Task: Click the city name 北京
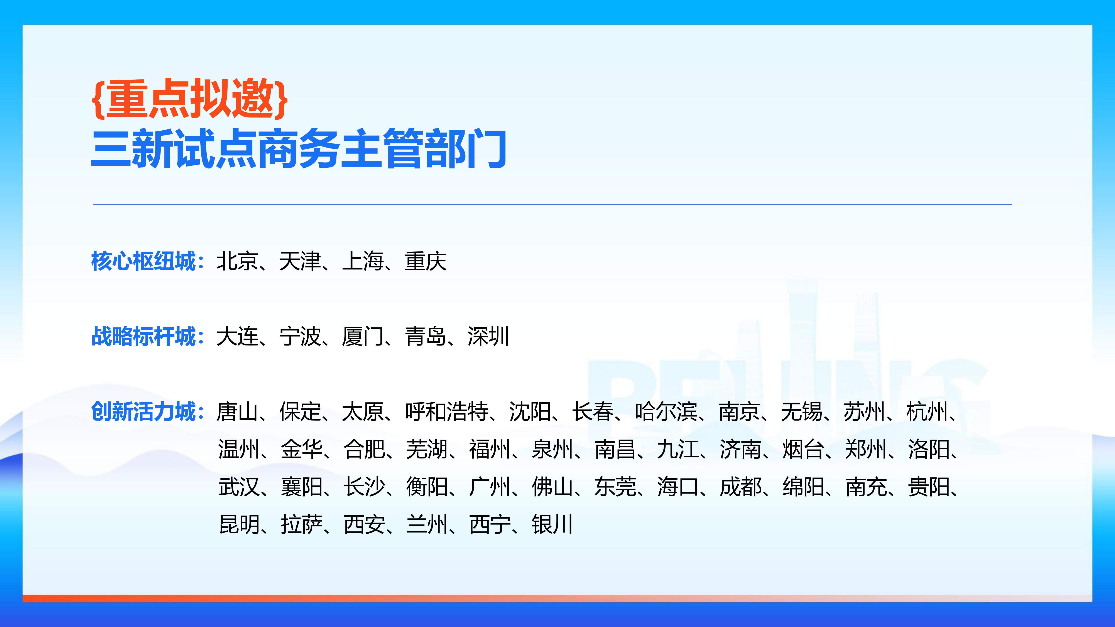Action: click(237, 261)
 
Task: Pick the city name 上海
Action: click(363, 261)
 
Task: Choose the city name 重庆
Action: click(426, 261)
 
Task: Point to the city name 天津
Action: click(300, 261)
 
